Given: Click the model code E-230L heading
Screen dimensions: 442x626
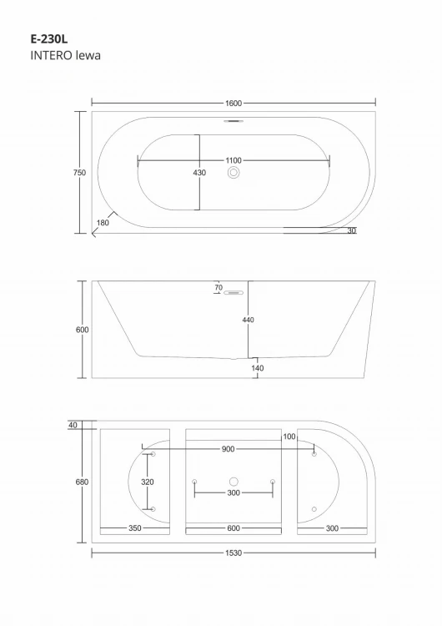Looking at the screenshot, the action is pos(49,38).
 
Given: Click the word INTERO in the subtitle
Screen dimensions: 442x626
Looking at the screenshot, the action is pos(51,55).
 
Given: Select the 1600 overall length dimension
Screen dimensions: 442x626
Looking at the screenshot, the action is pos(234,103).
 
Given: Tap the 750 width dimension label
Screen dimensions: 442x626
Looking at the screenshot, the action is pos(79,173).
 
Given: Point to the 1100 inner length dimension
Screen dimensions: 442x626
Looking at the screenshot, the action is pos(234,160).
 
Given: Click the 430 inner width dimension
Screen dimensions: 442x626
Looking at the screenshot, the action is pos(199,173).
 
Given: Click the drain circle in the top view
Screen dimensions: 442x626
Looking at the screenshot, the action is pos(234,173).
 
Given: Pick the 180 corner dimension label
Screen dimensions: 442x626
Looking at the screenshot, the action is pos(103,222).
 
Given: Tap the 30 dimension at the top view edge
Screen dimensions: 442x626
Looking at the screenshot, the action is pos(351,230).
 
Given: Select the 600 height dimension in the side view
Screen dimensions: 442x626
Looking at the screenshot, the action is pos(83,330).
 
